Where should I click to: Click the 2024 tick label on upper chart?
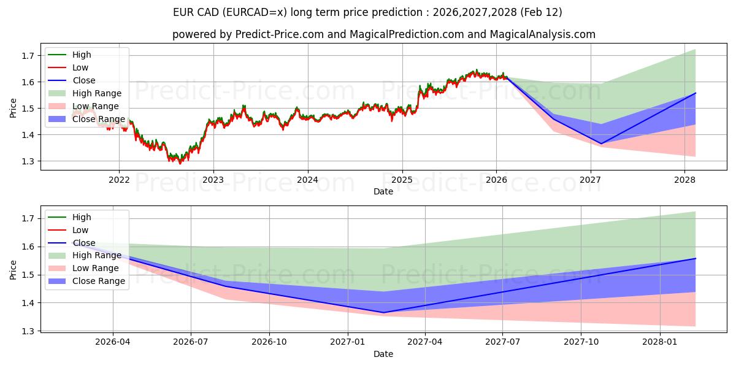(x=307, y=180)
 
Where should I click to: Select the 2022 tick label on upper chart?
(x=119, y=180)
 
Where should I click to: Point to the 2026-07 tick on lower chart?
(x=191, y=342)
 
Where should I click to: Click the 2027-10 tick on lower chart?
(x=581, y=342)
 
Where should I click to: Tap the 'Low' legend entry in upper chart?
(x=80, y=67)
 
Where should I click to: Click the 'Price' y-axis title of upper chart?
(x=13, y=108)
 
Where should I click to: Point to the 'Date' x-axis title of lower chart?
(x=383, y=354)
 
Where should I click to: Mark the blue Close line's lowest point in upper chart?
(x=600, y=144)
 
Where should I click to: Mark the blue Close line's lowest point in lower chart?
(x=384, y=312)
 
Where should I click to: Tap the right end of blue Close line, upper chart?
(x=696, y=93)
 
